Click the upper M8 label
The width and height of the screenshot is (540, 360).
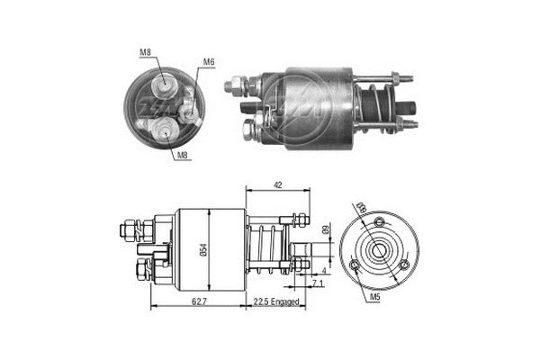pos(146,53)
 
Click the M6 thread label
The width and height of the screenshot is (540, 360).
pos(208,62)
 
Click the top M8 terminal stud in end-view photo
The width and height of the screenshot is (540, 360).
pos(165,87)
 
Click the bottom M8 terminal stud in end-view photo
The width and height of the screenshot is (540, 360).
pos(166,130)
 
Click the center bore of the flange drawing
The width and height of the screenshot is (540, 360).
pos(380,249)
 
